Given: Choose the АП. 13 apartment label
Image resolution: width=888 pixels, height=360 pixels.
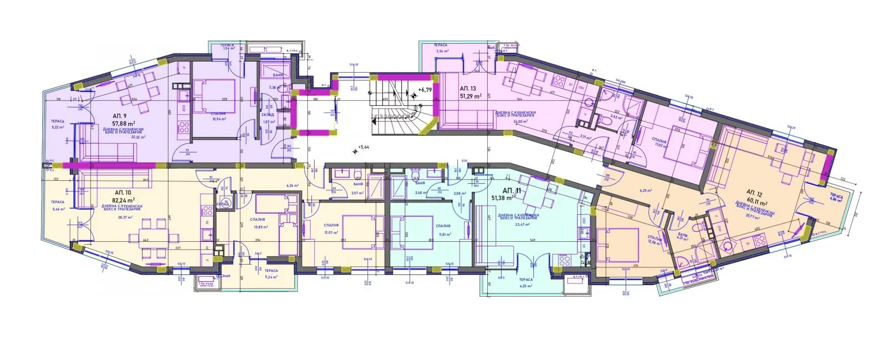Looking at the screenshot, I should pyautogui.click(x=468, y=89).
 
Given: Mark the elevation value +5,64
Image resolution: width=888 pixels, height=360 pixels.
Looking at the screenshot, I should pyautogui.click(x=364, y=147).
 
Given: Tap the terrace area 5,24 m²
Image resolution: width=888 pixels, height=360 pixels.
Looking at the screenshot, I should pyautogui.click(x=271, y=277).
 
